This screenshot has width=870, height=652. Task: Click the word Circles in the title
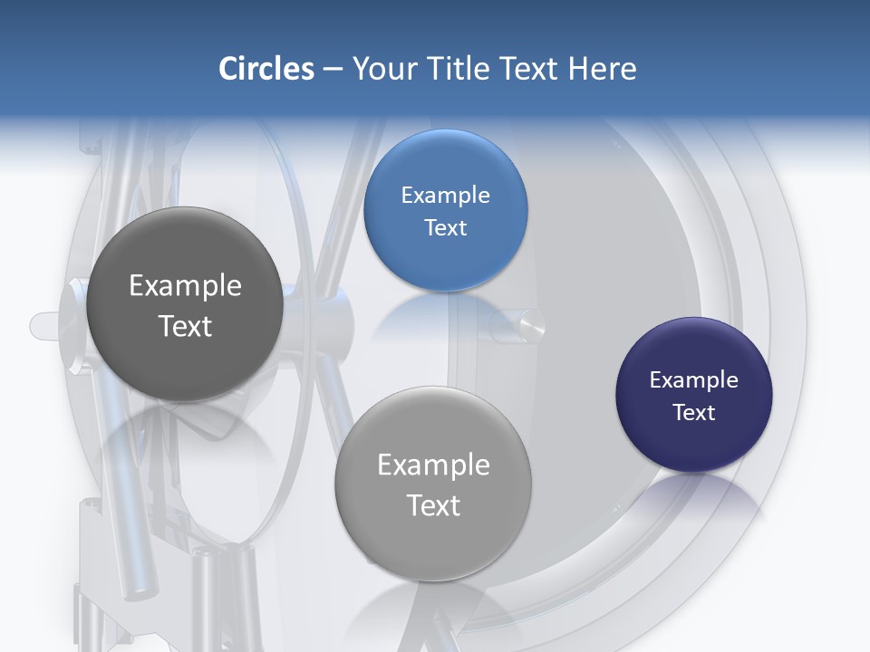coord(266,69)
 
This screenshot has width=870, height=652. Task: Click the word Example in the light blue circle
coord(445,196)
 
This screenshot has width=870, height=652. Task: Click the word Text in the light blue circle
coord(445,228)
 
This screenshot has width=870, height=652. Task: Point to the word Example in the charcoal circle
coord(185,286)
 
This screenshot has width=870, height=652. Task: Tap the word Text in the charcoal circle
coord(185,326)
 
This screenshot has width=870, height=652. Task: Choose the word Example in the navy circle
coord(694,380)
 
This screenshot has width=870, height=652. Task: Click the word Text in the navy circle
coord(694,413)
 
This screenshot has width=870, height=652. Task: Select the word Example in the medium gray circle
coord(433,465)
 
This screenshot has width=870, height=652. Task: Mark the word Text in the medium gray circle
coord(433,505)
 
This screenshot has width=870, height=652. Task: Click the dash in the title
coord(333,70)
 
